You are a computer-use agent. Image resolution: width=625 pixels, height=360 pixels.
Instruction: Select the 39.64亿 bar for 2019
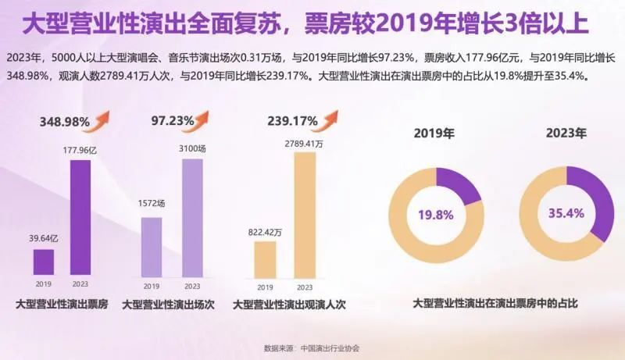(x=44, y=262)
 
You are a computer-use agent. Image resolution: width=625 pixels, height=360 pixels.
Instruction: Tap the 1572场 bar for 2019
(x=151, y=246)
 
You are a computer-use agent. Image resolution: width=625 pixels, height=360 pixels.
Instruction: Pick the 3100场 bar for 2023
(x=191, y=217)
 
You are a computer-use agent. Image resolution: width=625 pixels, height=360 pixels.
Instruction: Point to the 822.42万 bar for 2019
(x=265, y=258)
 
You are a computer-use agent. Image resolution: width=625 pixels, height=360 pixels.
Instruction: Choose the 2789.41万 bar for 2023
(x=305, y=214)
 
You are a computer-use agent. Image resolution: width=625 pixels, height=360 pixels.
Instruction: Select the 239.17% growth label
(x=292, y=122)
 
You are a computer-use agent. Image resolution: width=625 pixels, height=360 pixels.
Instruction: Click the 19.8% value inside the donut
(x=436, y=215)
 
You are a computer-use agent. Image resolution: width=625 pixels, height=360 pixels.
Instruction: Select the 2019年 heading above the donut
(x=434, y=134)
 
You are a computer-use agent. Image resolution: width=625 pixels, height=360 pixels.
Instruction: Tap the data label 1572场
(x=151, y=204)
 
